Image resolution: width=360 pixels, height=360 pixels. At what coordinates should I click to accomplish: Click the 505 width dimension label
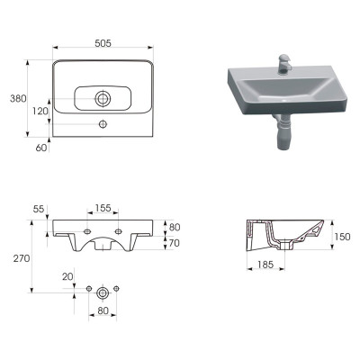(103, 43)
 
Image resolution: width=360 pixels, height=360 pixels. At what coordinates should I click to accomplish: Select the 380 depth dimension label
(18, 98)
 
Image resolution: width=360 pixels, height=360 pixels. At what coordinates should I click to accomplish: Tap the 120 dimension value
(40, 112)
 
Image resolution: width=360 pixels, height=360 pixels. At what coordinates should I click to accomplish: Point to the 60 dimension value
(41, 148)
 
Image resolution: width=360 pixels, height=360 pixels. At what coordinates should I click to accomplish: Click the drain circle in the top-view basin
(103, 99)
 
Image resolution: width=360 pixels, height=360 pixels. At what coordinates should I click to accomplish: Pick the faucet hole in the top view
(103, 124)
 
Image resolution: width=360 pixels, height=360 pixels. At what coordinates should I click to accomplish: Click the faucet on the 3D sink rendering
(283, 64)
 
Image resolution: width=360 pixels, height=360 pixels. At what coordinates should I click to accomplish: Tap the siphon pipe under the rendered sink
(283, 132)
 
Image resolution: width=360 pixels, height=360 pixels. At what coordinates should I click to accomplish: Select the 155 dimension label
(103, 208)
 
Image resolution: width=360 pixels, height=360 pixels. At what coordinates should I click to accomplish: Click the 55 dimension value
(39, 209)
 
